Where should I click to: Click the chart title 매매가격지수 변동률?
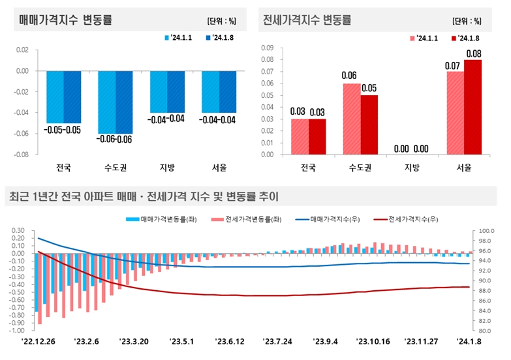66,20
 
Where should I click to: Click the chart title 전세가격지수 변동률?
307,20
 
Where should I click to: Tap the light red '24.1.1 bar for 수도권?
352,119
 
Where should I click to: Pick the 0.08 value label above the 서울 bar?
473,53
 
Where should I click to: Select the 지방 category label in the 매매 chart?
167,168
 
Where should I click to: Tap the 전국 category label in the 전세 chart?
308,168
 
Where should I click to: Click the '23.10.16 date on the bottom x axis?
373,340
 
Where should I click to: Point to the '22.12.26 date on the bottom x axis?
39,340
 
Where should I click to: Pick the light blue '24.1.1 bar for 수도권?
106,102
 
